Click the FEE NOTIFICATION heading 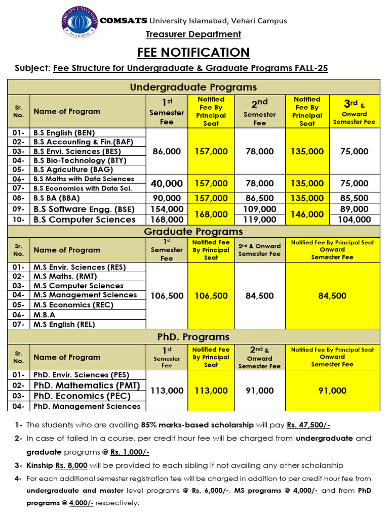pyautogui.click(x=193, y=52)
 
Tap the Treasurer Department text pyautogui.click(x=193, y=34)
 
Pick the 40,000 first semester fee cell pyautogui.click(x=167, y=183)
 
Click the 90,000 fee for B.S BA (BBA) pyautogui.click(x=167, y=198)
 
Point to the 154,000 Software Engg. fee pyautogui.click(x=167, y=209)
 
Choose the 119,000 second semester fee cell pyautogui.click(x=259, y=220)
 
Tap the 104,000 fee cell pyautogui.click(x=355, y=220)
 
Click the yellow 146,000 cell pyautogui.click(x=307, y=214)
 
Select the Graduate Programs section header pyautogui.click(x=193, y=232)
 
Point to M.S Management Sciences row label pyautogui.click(x=85, y=295)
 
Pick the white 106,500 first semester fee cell pyautogui.click(x=167, y=296)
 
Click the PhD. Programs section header pyautogui.click(x=193, y=337)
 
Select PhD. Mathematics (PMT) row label pyautogui.click(x=87, y=385)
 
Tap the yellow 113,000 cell pyautogui.click(x=211, y=391)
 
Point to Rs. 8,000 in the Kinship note pyautogui.click(x=71, y=465)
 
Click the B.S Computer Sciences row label pyautogui.click(x=85, y=220)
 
